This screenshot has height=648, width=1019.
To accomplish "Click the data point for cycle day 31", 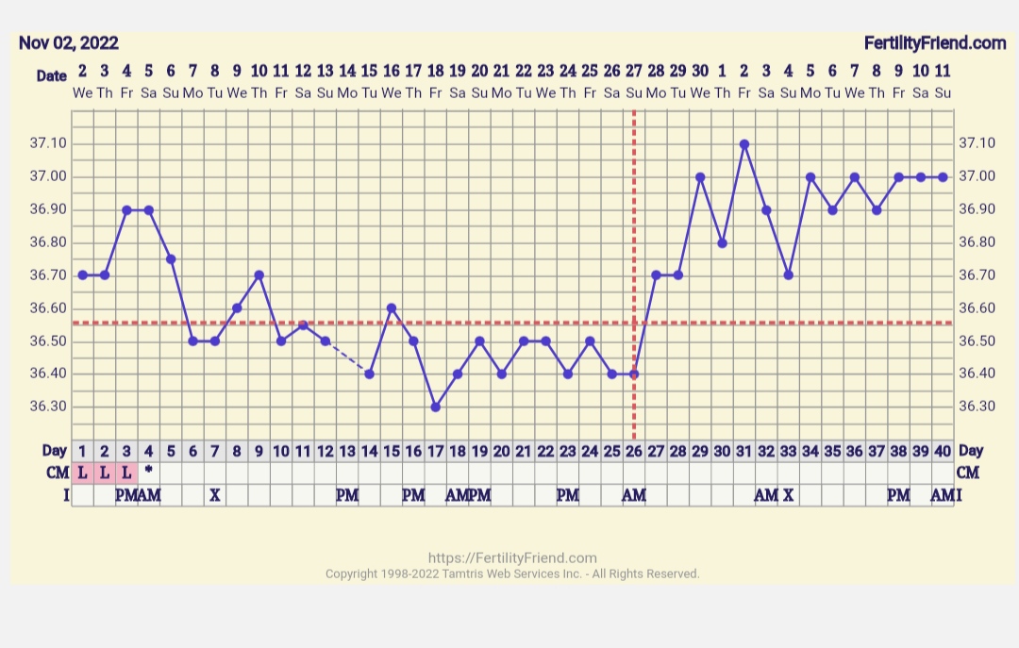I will click(744, 144).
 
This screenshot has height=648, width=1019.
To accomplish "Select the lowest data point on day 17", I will click(435, 407).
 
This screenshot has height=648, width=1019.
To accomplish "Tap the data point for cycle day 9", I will click(259, 275).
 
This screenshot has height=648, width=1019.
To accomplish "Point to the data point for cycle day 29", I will click(700, 177).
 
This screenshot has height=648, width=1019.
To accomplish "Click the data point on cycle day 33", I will click(788, 275).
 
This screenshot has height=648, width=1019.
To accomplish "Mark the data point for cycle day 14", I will click(369, 374).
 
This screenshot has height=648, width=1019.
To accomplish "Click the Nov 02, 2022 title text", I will click(69, 43).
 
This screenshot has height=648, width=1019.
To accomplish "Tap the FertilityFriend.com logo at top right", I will click(935, 43).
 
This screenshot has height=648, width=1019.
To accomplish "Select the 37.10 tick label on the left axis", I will click(48, 143).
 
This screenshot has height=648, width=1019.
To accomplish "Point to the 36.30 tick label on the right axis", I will click(977, 407).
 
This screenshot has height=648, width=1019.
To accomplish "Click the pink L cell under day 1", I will click(82, 473).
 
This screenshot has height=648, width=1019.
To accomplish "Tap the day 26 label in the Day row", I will click(633, 451).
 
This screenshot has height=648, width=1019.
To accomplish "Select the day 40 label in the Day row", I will click(943, 451).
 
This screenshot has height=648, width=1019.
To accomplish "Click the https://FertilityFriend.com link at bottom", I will click(512, 557).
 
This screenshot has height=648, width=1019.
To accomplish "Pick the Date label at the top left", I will click(51, 76).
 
